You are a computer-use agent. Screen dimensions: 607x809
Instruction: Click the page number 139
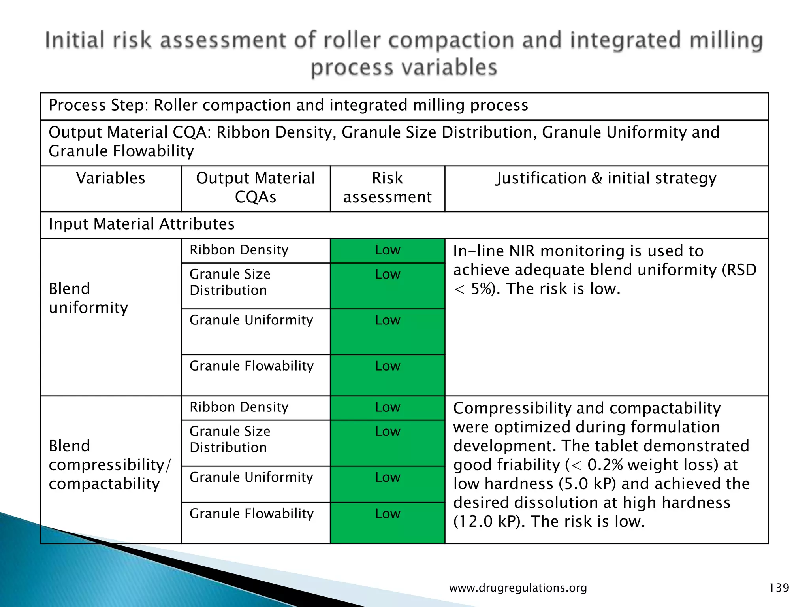779,588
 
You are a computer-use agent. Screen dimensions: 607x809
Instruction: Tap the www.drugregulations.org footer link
518,588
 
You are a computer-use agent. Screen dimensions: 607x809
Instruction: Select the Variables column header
111,179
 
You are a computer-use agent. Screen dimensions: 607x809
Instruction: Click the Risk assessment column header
387,188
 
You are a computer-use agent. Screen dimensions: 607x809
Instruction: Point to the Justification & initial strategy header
606,179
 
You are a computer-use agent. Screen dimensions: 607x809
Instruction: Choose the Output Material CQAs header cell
256,188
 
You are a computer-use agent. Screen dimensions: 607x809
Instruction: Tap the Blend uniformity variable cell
88,298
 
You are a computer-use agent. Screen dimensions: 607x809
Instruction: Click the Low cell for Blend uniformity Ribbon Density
388,250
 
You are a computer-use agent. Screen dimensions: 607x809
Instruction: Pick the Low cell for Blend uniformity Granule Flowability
388,366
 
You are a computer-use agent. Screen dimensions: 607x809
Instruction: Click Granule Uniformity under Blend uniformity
251,320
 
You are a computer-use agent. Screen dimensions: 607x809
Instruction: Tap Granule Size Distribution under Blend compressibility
230,439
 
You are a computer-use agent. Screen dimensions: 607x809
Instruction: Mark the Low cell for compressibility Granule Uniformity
388,477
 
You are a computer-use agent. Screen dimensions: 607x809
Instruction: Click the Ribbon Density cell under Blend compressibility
239,407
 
